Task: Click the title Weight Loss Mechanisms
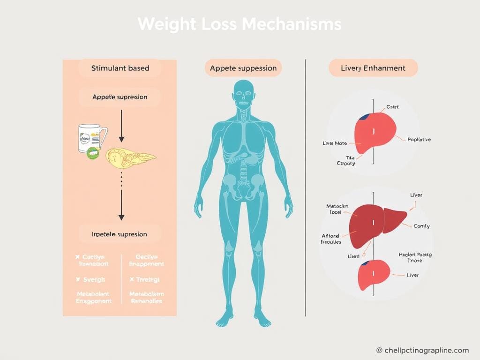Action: tap(240, 24)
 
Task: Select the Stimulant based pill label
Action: tap(120, 68)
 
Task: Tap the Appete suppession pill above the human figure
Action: tap(243, 68)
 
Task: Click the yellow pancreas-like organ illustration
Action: tap(129, 158)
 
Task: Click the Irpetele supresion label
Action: tap(120, 234)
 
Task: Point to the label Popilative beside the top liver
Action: tap(419, 139)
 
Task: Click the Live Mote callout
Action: tap(335, 142)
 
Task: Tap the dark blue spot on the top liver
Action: tap(363, 117)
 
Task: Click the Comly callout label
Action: tap(421, 226)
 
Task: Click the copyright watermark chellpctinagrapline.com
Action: tap(422, 350)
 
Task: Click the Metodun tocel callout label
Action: tap(337, 209)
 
